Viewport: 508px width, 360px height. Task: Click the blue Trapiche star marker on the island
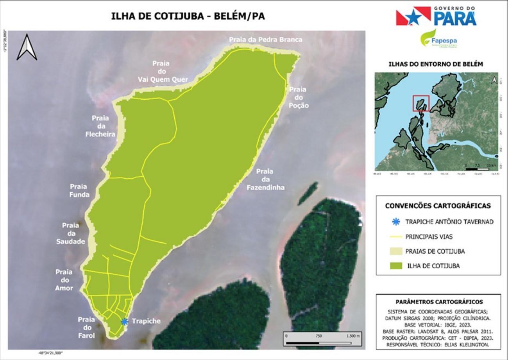[124, 322]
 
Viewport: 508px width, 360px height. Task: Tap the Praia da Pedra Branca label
[265, 39]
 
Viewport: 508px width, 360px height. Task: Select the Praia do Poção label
[299, 98]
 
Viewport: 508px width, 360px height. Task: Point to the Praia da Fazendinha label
[265, 179]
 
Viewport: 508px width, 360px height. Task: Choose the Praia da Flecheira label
[101, 126]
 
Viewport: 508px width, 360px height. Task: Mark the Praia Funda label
[80, 190]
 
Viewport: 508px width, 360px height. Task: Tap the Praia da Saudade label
[71, 233]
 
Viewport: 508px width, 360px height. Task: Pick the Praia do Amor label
[64, 280]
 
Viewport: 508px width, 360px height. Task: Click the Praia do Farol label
[86, 326]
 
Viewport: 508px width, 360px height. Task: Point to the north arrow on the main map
[27, 47]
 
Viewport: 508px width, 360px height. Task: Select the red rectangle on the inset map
[421, 103]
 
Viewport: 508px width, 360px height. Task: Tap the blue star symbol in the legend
[396, 222]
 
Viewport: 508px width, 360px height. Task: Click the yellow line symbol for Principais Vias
[396, 236]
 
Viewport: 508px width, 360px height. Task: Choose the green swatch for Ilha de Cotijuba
[396, 266]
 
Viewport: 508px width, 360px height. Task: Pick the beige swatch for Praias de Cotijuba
[396, 251]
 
